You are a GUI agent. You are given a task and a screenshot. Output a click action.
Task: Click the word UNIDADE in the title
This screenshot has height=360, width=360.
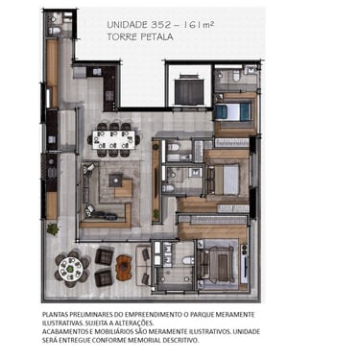point(127,25)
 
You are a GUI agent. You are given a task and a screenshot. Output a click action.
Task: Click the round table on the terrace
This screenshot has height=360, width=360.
point(72,268)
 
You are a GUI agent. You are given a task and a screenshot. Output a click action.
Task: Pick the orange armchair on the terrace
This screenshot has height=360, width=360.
point(124,268)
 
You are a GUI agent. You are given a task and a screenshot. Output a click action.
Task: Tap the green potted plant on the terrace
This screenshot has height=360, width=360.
point(53,229)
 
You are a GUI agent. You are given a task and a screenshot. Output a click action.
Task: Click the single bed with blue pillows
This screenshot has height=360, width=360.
point(233,111)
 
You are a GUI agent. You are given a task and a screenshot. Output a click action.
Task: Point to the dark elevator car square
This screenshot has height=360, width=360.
point(189,92)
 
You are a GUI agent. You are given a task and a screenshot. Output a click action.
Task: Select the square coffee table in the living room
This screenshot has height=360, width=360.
point(116,180)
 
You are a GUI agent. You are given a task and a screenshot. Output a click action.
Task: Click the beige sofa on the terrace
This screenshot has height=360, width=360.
point(143,265)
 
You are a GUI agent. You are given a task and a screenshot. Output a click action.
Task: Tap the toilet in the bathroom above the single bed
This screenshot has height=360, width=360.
point(237,76)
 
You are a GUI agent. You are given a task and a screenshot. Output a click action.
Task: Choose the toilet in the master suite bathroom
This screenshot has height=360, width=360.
point(189,260)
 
